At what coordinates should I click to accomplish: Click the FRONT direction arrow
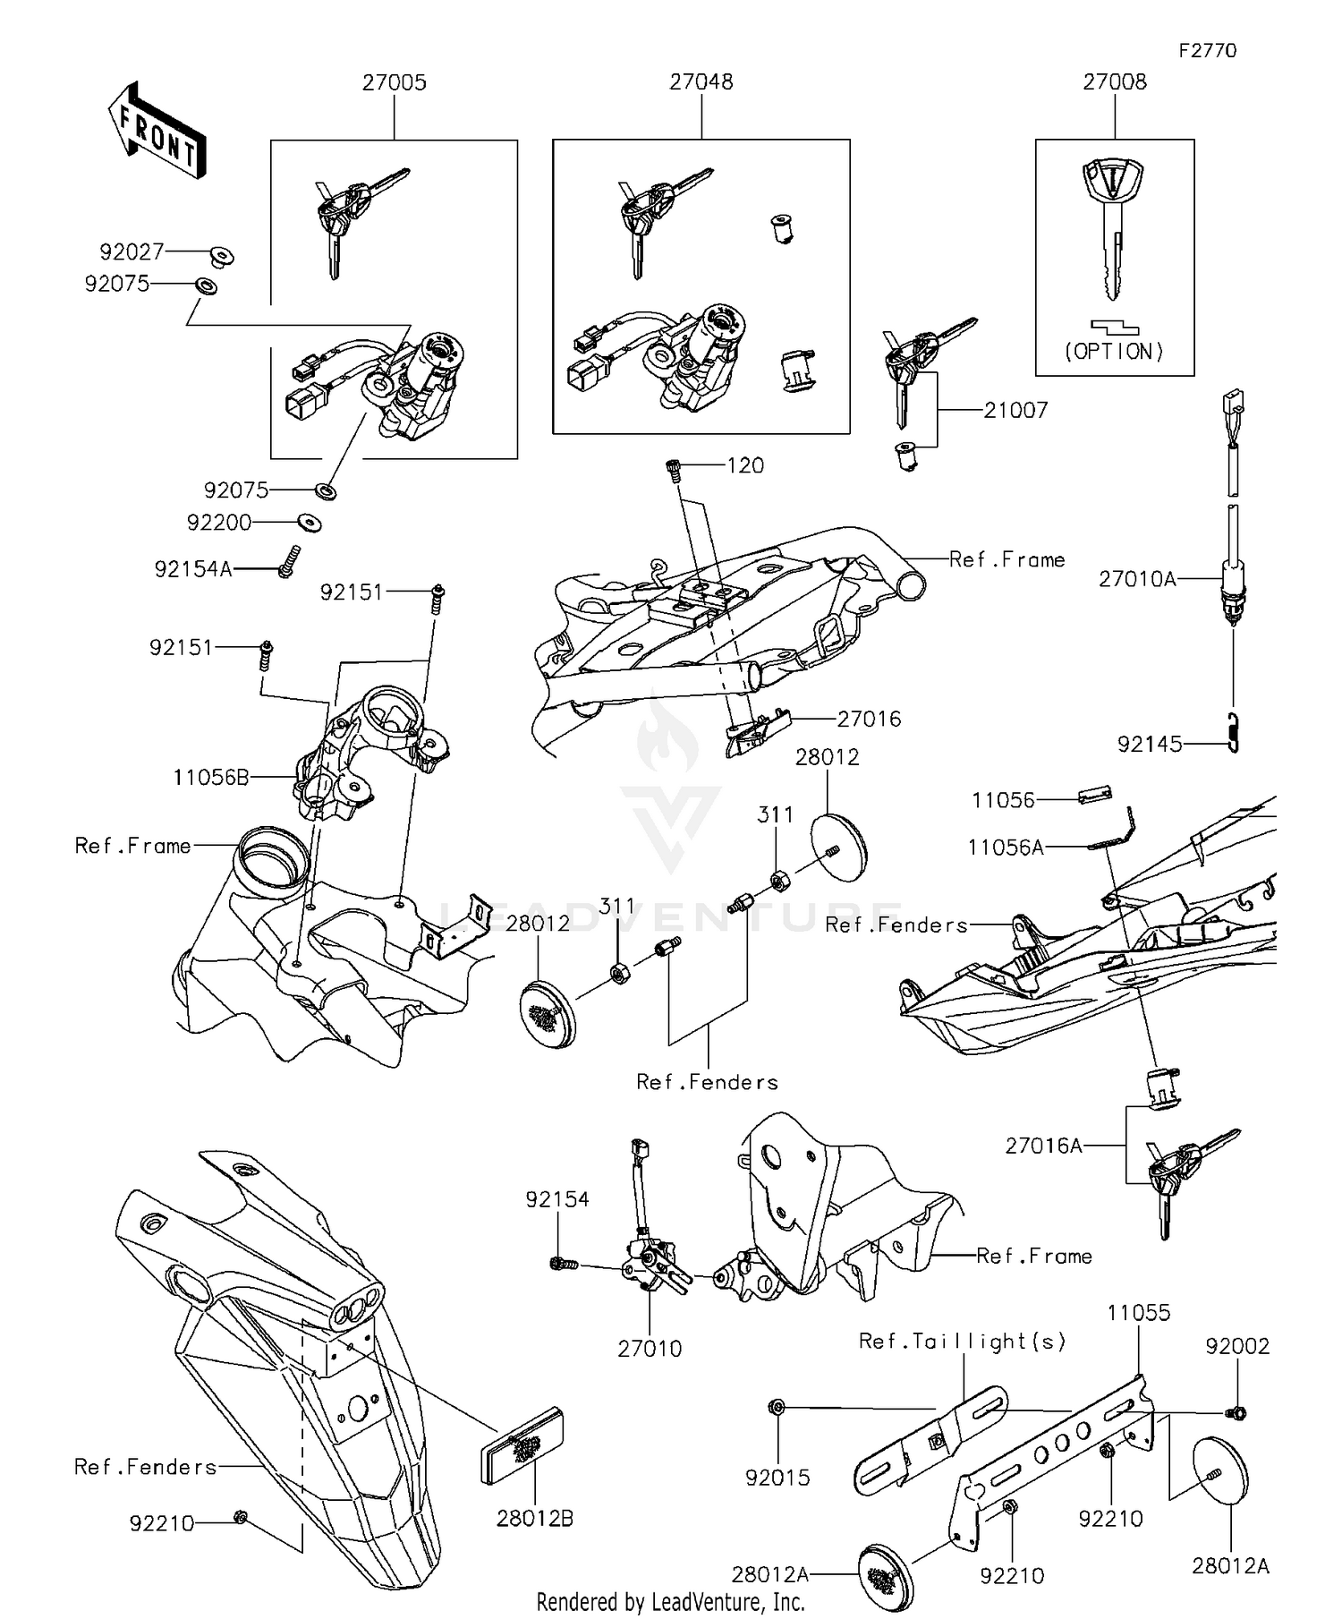coord(157,132)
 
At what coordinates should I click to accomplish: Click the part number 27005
coord(394,82)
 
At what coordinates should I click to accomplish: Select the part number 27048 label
coord(701,81)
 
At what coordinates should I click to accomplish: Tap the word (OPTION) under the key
coord(1114,352)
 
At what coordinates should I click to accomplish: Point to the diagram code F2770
coord(1207,51)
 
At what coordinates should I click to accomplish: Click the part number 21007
coord(1015,410)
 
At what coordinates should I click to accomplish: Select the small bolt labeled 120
coord(675,468)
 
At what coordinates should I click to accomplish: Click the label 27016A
coord(1043,1146)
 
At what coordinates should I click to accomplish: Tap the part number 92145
coord(1150,744)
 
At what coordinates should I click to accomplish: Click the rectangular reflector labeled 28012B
coord(523,1446)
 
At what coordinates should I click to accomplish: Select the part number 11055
coord(1138,1313)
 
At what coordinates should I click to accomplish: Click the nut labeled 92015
coord(777,1408)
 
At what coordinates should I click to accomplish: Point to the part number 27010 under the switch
coord(650,1349)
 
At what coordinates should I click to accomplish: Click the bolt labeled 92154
coord(562,1264)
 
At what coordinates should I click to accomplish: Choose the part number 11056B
coord(211,777)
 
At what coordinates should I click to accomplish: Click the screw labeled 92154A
coord(286,562)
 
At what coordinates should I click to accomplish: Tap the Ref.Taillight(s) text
coord(962,1341)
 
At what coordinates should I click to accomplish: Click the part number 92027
coord(132,251)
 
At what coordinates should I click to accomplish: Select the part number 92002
coord(1236,1346)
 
